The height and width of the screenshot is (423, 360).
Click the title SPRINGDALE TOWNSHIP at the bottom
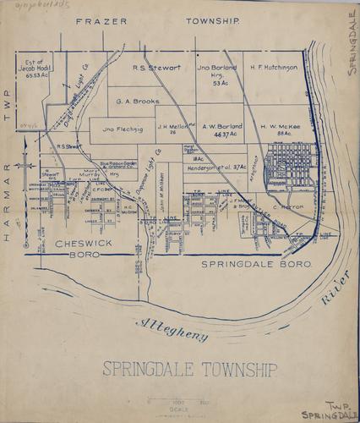pos(189,369)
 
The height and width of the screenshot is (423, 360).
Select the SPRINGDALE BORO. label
pos(258,265)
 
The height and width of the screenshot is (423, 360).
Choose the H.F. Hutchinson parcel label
pos(274,67)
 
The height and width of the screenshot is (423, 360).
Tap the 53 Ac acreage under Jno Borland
pos(221,84)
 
